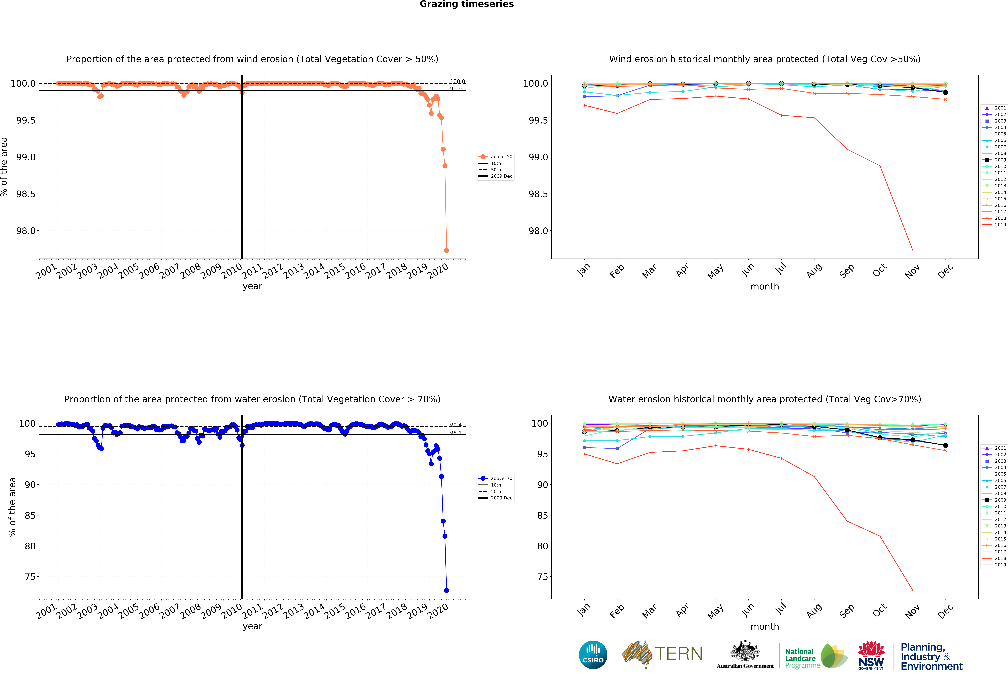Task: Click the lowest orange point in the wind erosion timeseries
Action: tap(446, 250)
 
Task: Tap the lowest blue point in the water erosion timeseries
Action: tap(446, 590)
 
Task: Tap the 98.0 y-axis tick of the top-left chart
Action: tap(26, 231)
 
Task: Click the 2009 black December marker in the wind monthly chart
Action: tap(946, 92)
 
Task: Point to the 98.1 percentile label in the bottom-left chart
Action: tap(455, 433)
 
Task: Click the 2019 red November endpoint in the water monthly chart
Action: tap(913, 590)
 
